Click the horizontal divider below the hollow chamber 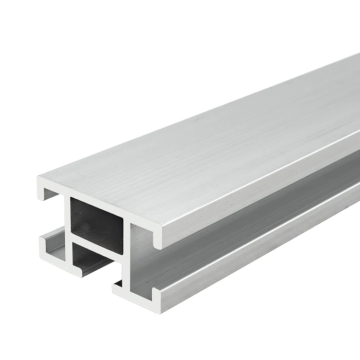point(96,245)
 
